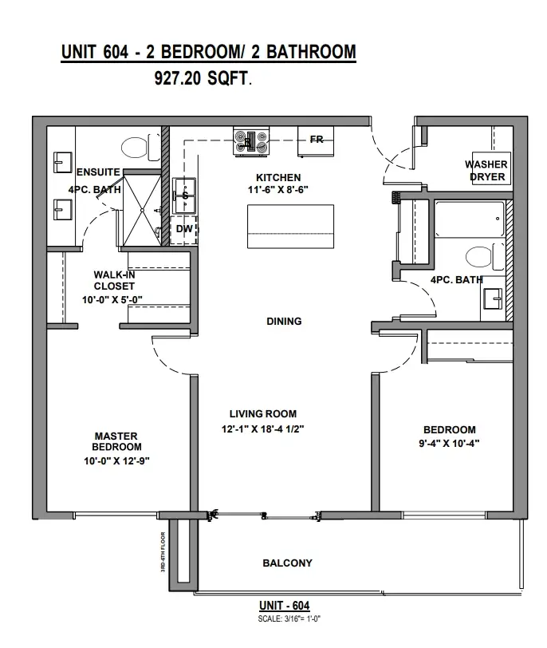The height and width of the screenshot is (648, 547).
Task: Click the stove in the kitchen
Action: pos(251,141)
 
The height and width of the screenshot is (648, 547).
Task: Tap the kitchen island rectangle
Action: pos(290,227)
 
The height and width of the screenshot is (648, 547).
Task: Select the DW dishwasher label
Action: pos(184,228)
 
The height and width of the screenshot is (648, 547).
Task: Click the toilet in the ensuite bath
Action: pos(140,147)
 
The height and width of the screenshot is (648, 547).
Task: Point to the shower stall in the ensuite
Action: pos(142,211)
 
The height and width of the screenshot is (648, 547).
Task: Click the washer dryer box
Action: pos(491,168)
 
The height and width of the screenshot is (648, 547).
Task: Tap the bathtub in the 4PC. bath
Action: pos(470,219)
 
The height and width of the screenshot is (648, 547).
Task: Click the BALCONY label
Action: pos(287,563)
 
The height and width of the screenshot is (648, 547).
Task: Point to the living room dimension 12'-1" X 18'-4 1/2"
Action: pos(262,429)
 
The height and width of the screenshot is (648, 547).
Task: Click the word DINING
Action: pos(284,321)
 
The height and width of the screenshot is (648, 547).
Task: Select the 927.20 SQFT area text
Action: pos(203,78)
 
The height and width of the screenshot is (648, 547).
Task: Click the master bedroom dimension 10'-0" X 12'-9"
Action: pos(117,460)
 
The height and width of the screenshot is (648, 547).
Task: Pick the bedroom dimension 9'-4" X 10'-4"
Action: pos(449,444)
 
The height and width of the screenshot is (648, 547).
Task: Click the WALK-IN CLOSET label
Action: pos(114,281)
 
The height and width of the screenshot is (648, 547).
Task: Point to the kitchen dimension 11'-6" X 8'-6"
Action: pos(278,190)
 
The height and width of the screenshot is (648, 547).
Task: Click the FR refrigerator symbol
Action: pos(316,142)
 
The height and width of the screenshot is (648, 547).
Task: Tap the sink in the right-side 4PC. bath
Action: pos(493,298)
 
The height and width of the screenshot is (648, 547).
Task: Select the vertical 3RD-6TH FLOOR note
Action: pos(163,551)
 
